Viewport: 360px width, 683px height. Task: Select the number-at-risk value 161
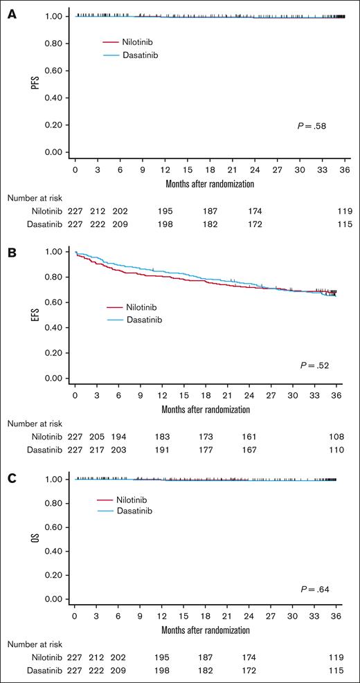click(250, 437)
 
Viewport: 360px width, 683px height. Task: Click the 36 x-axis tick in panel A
click(336, 169)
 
